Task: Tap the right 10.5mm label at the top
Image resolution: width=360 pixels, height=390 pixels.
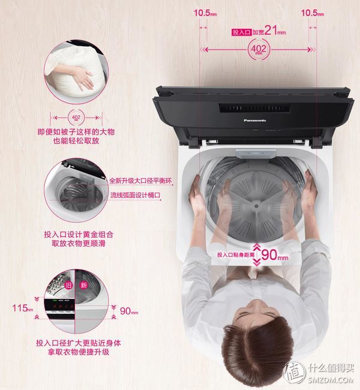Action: [x=313, y=12]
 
